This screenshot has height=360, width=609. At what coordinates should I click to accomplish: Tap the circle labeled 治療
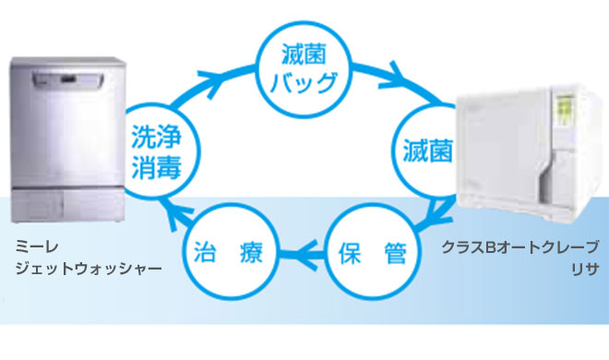[x=227, y=250]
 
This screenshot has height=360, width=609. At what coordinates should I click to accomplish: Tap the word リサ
[x=585, y=269]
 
